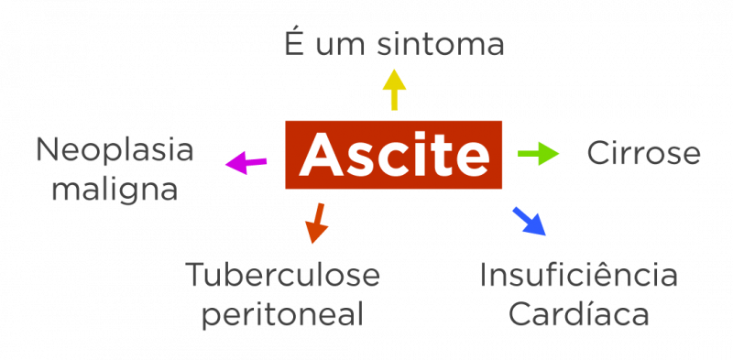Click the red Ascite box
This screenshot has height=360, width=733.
[x=393, y=154]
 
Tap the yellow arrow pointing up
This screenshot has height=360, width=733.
[x=394, y=89]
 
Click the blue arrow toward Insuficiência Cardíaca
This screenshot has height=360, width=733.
[x=529, y=221]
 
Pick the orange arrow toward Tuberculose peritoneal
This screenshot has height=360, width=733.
[x=316, y=223]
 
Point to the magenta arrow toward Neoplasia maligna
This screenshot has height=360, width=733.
[x=246, y=163]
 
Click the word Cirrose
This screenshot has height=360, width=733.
[x=643, y=153]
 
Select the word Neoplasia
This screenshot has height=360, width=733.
[x=115, y=149]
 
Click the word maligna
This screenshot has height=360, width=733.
[x=115, y=190]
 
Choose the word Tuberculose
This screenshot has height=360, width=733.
[x=282, y=274]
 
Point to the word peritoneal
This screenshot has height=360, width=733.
[x=282, y=315]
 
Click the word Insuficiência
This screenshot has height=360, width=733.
[x=578, y=274]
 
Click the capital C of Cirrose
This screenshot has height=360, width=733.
[x=597, y=153]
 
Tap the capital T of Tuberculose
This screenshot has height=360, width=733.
[x=195, y=274]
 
